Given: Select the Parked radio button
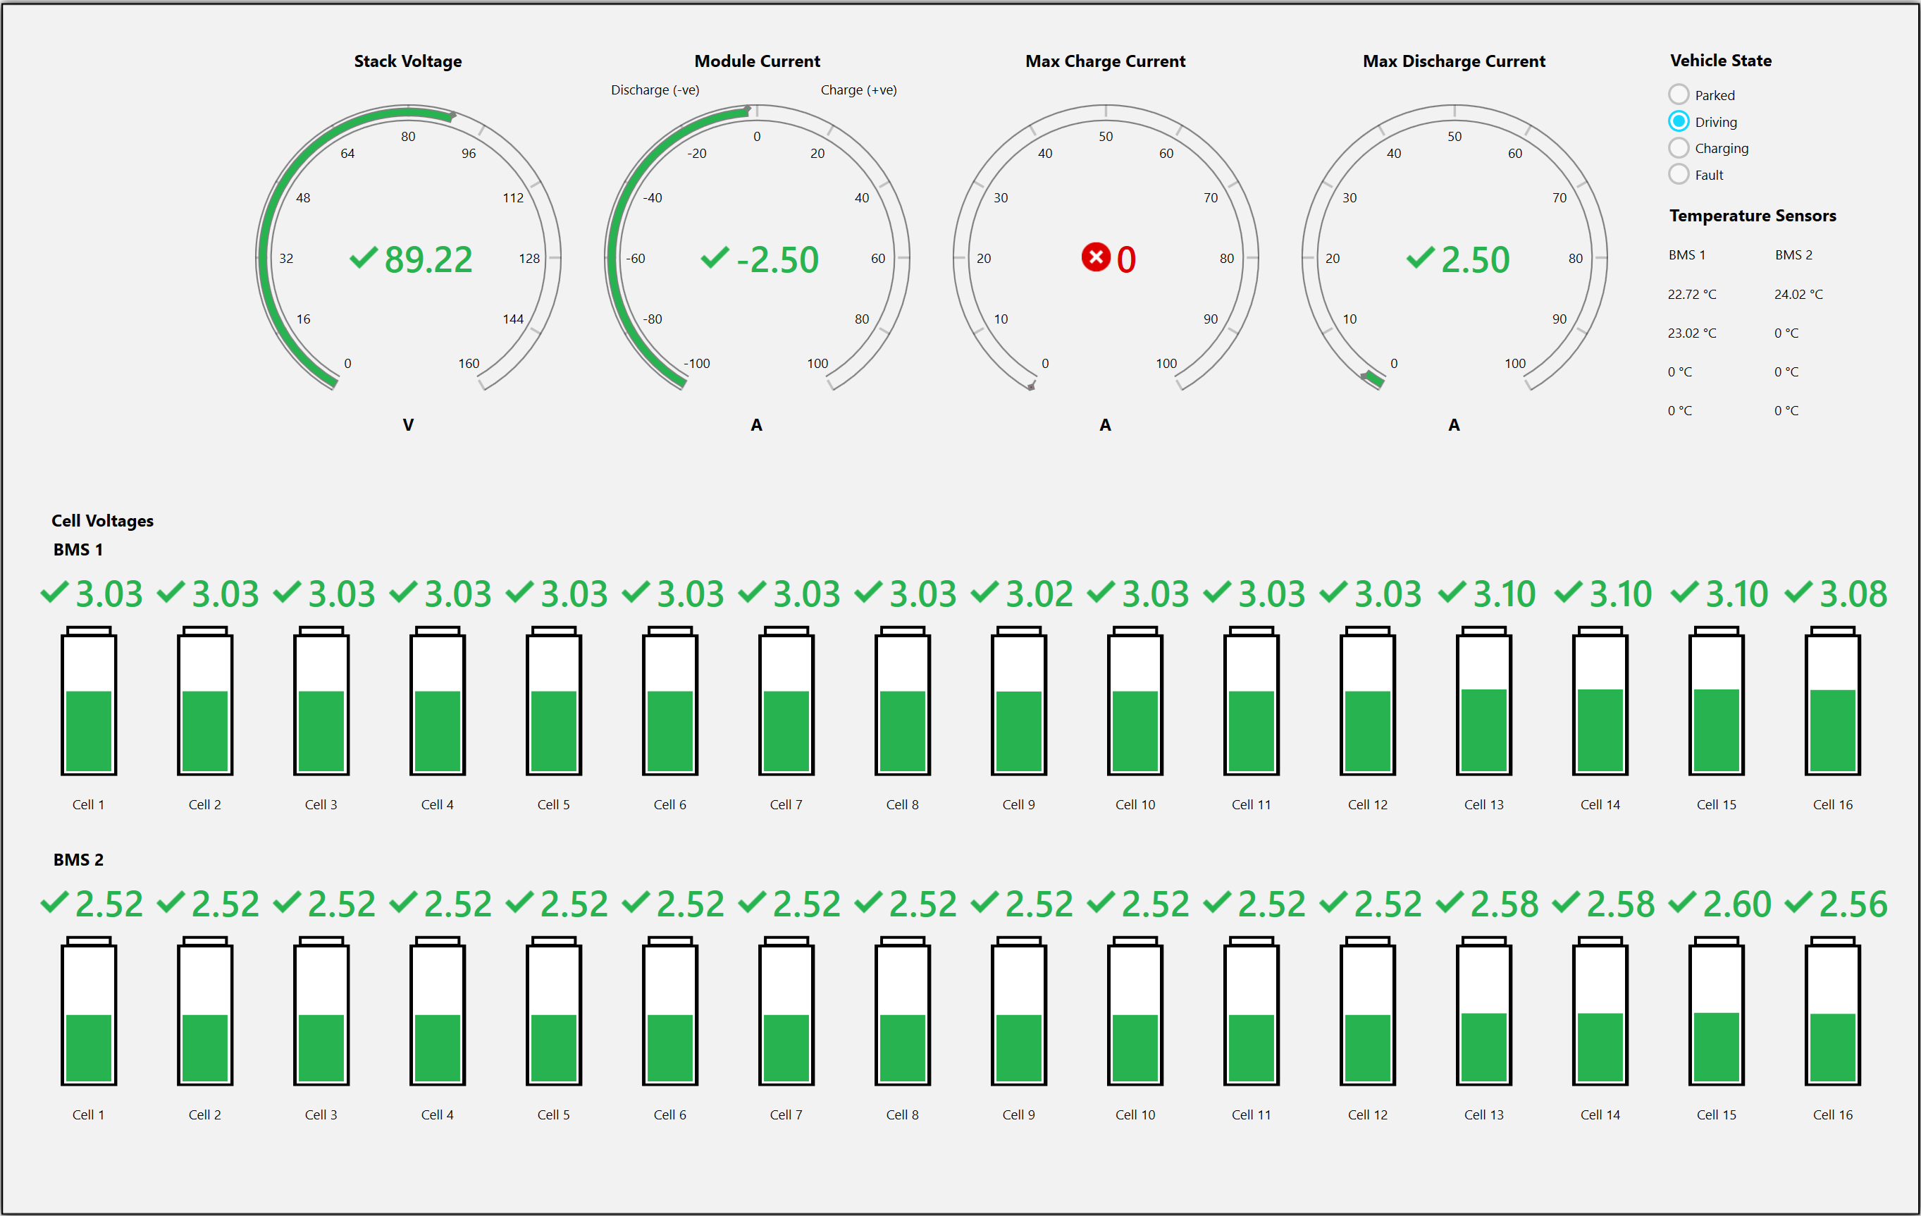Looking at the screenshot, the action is click(x=1679, y=94).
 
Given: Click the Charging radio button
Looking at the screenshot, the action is click(x=1679, y=147).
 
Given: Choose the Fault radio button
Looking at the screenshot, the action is click(x=1679, y=174).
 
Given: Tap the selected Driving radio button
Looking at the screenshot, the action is click(x=1679, y=121).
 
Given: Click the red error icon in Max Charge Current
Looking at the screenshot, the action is click(x=1095, y=257).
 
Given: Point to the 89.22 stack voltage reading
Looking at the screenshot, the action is click(x=428, y=259).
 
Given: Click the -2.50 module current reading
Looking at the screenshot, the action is click(x=777, y=259).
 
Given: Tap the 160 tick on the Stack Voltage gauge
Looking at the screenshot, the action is click(x=469, y=363).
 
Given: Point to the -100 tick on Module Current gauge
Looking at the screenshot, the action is click(x=696, y=363).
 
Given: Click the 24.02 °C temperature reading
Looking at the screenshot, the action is click(x=1798, y=295).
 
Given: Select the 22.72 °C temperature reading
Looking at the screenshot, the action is click(x=1691, y=295).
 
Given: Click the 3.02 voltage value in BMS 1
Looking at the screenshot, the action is click(x=1039, y=594).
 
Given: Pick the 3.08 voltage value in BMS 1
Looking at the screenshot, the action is click(x=1853, y=594).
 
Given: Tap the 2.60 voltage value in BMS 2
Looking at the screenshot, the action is click(x=1736, y=904).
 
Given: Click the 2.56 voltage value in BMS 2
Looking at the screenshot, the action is click(x=1853, y=904).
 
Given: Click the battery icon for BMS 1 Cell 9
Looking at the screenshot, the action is click(x=1019, y=701).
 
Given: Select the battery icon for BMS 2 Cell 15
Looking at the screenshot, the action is click(x=1717, y=1011).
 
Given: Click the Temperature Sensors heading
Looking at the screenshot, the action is click(x=1753, y=216).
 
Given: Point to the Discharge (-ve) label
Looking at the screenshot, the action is click(x=655, y=90).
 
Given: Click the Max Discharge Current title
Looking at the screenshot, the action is click(x=1454, y=61).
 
